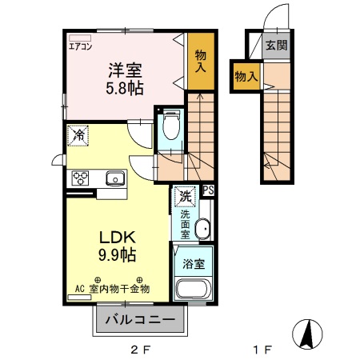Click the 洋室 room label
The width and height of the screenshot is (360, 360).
coord(126,70)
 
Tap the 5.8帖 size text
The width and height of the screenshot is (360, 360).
coord(126,87)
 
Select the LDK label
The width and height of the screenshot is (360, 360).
coord(117,238)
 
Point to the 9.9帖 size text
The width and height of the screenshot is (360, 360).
coord(117,256)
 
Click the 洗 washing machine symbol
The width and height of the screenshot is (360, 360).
coord(185,196)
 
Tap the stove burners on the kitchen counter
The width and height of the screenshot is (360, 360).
coord(81,178)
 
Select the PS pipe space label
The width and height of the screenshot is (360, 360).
coord(208,190)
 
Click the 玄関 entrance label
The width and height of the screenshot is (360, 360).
coord(277,45)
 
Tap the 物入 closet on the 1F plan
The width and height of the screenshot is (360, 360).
coord(245,76)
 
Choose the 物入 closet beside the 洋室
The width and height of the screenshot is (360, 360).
coord(200,60)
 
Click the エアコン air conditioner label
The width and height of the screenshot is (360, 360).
coord(80,46)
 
